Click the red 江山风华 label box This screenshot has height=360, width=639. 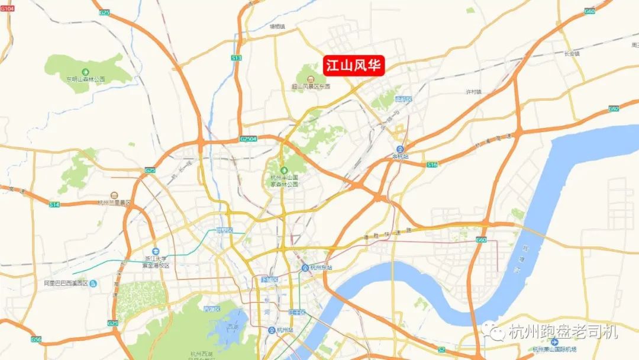pos(354,65)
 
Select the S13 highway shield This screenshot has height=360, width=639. pos(237,57)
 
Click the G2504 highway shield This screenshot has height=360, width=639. pos(248,138)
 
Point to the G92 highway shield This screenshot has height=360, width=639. pos(614,109)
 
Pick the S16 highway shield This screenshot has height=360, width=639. pos(432,165)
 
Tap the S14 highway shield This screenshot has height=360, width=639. pos(54,204)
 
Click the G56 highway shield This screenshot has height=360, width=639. pos(37,339)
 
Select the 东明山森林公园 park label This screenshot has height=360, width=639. pos(86,79)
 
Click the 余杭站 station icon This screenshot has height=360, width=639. pos(401,149)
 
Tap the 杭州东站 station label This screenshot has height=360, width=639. pos(321,268)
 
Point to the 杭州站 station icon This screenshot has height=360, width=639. pos(271,330)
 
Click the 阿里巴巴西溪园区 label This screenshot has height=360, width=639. pos(66,283)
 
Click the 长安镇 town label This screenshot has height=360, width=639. pos(572,53)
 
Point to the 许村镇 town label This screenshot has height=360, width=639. pos(474,92)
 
